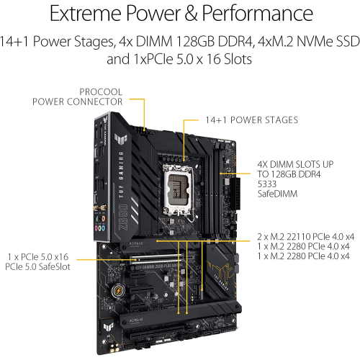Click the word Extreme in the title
coord(78,14)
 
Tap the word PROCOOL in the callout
coord(101,91)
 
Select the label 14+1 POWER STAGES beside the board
coord(241,120)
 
